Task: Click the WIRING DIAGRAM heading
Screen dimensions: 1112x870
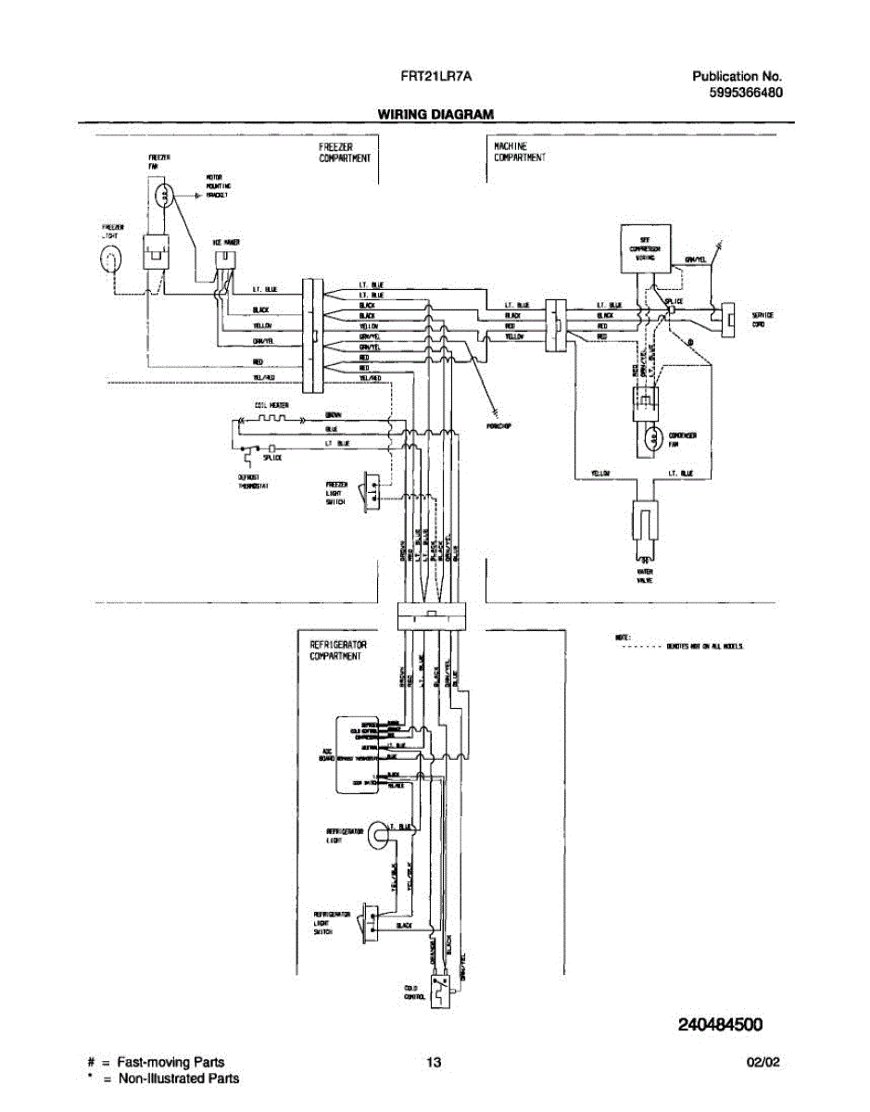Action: pyautogui.click(x=435, y=114)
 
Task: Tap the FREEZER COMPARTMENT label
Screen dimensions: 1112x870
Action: pyautogui.click(x=345, y=153)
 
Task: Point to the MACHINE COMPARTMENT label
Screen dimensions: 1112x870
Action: pyautogui.click(x=519, y=153)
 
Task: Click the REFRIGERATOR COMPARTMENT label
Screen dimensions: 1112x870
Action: pyautogui.click(x=338, y=650)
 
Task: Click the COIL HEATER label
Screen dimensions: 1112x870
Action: pyautogui.click(x=272, y=406)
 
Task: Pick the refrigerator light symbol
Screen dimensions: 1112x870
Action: pyautogui.click(x=378, y=835)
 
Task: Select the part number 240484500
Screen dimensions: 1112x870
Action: pyautogui.click(x=720, y=1025)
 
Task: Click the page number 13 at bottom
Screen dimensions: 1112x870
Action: pyautogui.click(x=433, y=1063)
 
